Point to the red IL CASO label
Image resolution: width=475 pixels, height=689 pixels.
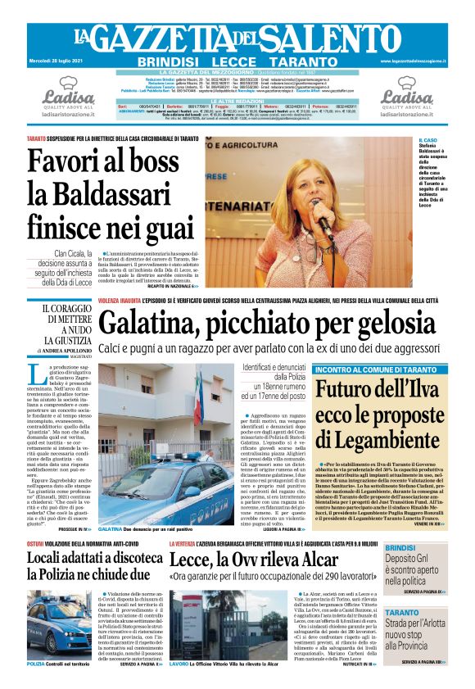click(428, 140)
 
